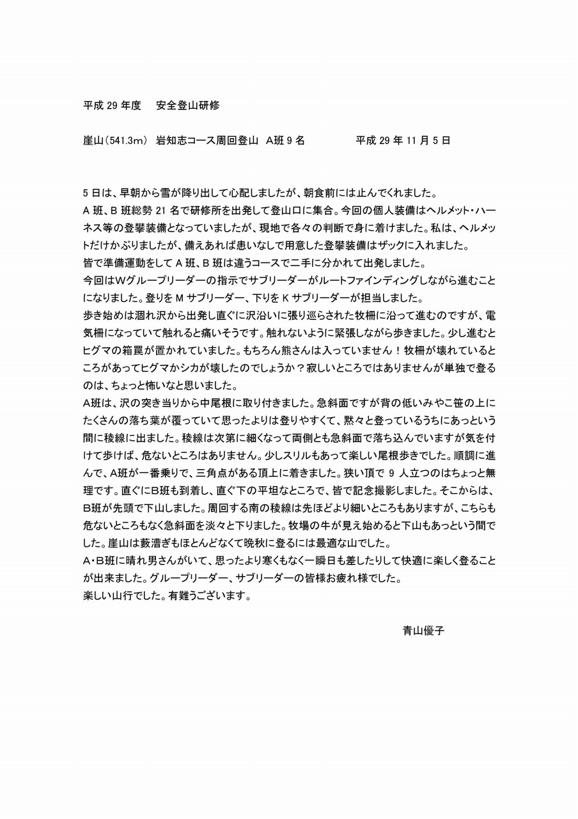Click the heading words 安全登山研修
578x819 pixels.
(x=187, y=106)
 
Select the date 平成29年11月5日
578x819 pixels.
(x=403, y=141)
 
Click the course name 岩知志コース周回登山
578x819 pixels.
(x=207, y=141)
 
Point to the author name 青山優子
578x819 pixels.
(x=423, y=630)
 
